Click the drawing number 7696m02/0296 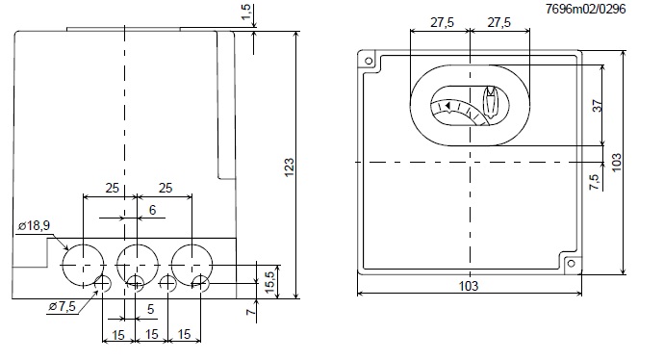(x=585, y=9)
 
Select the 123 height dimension (x=289, y=167)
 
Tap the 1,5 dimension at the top (x=247, y=13)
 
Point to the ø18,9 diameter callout (x=34, y=226)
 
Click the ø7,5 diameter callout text (x=63, y=306)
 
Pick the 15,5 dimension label (x=269, y=282)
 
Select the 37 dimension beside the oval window (x=597, y=106)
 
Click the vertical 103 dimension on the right (x=617, y=163)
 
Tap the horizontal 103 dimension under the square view (x=469, y=286)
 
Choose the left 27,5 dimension (x=442, y=22)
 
